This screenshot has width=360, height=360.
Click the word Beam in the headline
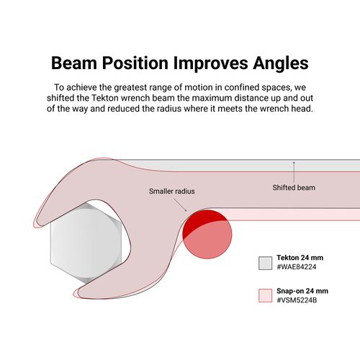(74, 63)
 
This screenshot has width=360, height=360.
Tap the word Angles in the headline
(281, 63)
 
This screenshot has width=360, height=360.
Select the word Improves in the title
(210, 63)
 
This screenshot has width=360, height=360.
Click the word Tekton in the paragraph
(105, 98)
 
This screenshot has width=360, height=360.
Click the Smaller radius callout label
(172, 192)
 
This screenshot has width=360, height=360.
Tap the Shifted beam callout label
(294, 187)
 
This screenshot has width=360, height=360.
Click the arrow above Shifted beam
(294, 172)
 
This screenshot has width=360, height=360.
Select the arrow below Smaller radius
(180, 205)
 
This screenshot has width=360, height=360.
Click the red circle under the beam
(207, 234)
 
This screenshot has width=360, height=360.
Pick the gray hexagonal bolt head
(86, 242)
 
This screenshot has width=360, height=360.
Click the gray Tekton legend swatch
(266, 263)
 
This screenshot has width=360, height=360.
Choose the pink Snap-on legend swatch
(266, 295)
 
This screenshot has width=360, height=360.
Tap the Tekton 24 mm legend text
(300, 258)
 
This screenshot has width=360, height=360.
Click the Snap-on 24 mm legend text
(302, 291)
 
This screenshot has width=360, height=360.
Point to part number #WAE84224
(297, 267)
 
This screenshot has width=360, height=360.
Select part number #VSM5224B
(297, 300)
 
